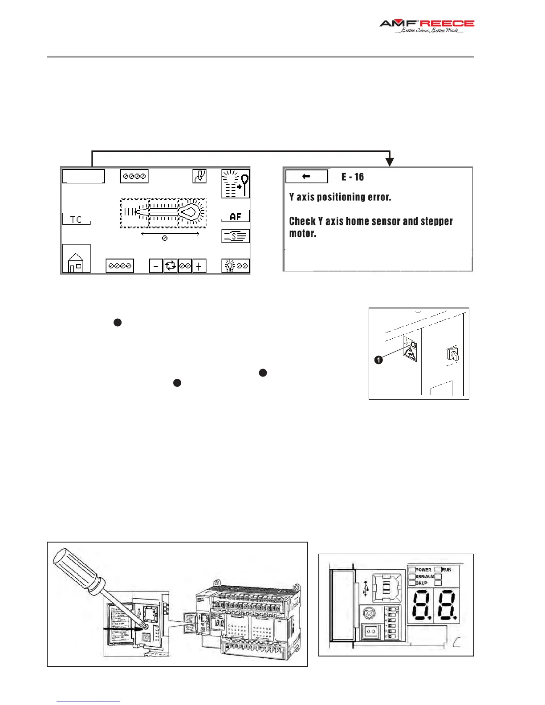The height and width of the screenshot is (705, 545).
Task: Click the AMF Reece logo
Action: (x=427, y=26)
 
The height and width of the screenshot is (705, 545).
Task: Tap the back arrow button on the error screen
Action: (x=306, y=176)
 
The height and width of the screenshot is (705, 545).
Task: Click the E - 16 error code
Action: (x=353, y=177)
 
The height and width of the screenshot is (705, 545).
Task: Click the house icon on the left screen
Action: (x=76, y=259)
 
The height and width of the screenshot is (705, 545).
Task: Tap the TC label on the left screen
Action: (x=76, y=220)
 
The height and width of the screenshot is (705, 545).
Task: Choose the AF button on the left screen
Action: (x=236, y=217)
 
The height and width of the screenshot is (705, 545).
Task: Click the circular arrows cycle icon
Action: (x=171, y=266)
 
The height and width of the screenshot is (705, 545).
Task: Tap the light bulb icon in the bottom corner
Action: (x=230, y=266)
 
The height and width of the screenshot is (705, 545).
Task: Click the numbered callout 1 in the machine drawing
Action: (x=378, y=360)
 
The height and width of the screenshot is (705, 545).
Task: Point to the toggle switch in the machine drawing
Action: (x=452, y=354)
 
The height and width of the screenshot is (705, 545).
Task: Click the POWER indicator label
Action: (x=423, y=569)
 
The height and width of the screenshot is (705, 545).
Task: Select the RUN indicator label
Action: (x=446, y=569)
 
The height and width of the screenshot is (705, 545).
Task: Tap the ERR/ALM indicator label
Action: (x=425, y=576)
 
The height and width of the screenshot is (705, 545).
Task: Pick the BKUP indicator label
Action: (x=421, y=583)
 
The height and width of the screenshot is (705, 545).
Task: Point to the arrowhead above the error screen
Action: (x=390, y=162)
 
